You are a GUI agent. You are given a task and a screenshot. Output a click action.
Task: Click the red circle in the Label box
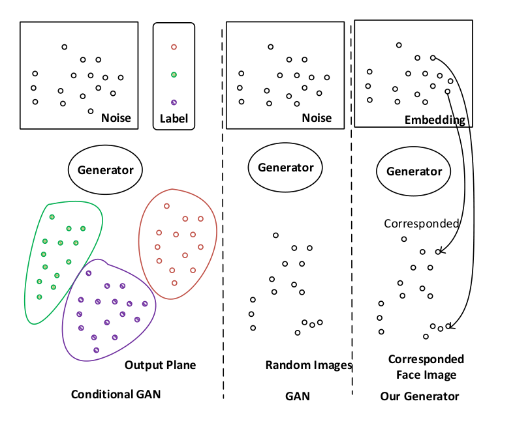(x=174, y=47)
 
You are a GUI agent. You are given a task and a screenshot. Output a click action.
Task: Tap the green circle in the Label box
(x=174, y=75)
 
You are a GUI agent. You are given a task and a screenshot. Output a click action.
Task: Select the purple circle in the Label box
(x=174, y=102)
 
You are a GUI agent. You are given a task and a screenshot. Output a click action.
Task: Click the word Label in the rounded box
(x=174, y=119)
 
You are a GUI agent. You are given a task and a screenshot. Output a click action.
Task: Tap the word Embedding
(x=435, y=120)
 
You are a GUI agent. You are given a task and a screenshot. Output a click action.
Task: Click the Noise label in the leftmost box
(x=116, y=118)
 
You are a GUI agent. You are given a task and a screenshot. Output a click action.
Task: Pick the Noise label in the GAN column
(x=317, y=118)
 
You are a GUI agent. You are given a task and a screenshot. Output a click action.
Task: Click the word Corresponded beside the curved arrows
(x=421, y=224)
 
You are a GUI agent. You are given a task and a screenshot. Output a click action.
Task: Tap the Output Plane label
(x=160, y=365)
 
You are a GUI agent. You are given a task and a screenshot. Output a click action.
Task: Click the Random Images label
(x=308, y=365)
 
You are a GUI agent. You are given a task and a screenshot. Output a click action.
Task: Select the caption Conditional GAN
(x=116, y=394)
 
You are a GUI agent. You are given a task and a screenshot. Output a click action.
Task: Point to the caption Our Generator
(x=420, y=396)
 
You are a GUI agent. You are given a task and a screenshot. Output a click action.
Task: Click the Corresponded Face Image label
(x=426, y=367)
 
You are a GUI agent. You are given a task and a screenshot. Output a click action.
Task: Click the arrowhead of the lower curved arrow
(x=450, y=327)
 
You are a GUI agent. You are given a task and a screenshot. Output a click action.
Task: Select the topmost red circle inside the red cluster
(x=166, y=206)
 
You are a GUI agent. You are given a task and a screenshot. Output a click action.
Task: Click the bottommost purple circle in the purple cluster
(x=96, y=350)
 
